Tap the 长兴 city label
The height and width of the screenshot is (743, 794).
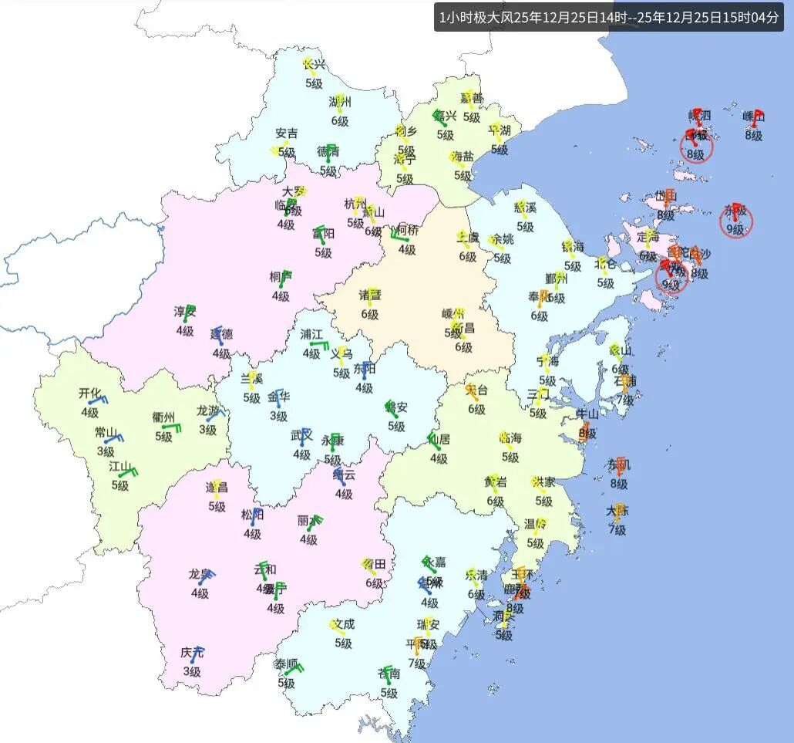(314, 65)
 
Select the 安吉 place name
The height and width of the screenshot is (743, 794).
(286, 133)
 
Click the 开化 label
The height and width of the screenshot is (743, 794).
(89, 393)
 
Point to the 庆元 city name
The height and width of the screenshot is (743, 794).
(193, 654)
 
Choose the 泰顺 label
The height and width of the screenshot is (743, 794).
(286, 664)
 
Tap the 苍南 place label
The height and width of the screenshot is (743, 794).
(389, 675)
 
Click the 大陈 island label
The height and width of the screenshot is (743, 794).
(617, 511)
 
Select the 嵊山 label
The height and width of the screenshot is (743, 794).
(753, 117)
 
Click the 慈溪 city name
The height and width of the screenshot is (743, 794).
(525, 208)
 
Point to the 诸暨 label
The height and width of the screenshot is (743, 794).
(370, 296)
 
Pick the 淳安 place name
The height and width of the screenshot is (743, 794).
(184, 312)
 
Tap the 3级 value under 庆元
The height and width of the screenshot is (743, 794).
(191, 672)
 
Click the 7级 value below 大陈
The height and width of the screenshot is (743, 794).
(617, 529)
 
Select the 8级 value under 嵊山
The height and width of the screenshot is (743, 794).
(753, 136)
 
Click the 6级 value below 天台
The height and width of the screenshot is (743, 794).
(476, 409)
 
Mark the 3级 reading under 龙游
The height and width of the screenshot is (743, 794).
(208, 430)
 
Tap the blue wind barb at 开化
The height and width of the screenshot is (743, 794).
(99, 401)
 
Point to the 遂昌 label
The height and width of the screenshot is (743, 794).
(217, 488)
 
